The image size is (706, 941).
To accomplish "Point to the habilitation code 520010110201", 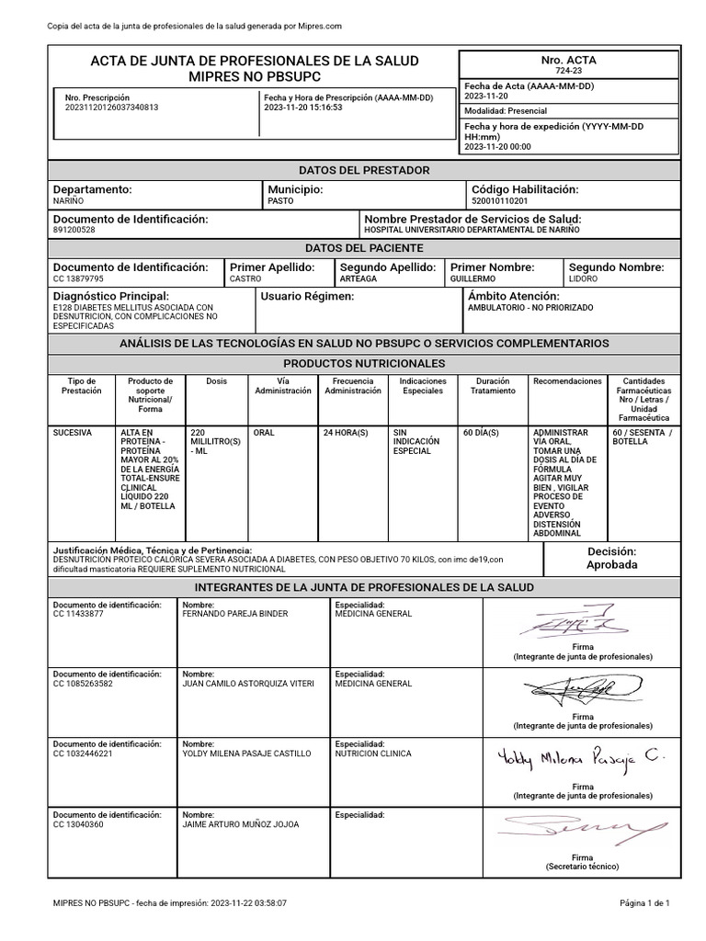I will [499, 200].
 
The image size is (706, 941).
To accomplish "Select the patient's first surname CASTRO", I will [245, 278].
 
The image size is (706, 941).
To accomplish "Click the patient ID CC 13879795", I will [79, 278].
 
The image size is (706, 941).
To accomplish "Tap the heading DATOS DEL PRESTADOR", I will [364, 171].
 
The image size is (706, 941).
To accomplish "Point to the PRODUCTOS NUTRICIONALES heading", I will [364, 364].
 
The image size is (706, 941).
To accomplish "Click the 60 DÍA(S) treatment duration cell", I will [480, 431].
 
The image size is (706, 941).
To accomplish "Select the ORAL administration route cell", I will [264, 431].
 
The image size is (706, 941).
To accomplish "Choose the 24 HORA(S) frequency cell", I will [346, 431].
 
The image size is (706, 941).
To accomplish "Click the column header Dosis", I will [216, 380].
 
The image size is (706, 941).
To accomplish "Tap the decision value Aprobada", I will [611, 565].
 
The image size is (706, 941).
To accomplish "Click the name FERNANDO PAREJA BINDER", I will [235, 614].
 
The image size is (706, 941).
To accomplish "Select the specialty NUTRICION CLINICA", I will [373, 754].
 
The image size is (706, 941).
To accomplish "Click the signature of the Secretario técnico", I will [583, 830].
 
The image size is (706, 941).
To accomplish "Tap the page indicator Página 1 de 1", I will [650, 903].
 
